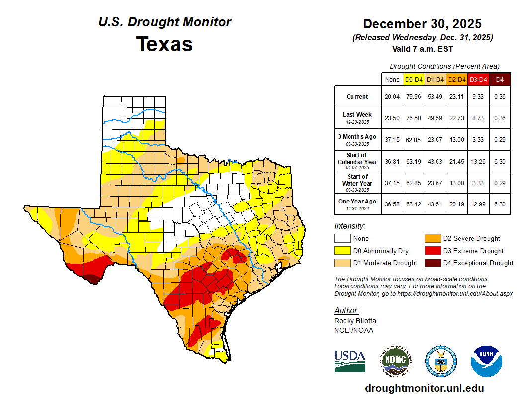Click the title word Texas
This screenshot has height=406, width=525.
coord(165,44)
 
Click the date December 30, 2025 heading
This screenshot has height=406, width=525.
coord(422,24)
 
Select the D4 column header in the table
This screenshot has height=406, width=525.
coord(500,79)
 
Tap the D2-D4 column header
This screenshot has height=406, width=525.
coord(456,79)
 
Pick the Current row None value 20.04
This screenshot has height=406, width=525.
coord(392,96)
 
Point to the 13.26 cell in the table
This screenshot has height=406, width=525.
coord(478,162)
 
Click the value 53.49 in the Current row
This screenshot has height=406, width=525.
coord(435,96)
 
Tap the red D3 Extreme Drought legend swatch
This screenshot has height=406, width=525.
coord(433,251)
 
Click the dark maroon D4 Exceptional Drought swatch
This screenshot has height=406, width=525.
coord(433,263)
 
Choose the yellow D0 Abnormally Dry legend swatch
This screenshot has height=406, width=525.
coord(342,251)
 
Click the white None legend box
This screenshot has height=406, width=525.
coord(342,239)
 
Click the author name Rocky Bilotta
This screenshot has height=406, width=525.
coord(355,321)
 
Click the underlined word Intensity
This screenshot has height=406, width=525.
coord(350,226)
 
